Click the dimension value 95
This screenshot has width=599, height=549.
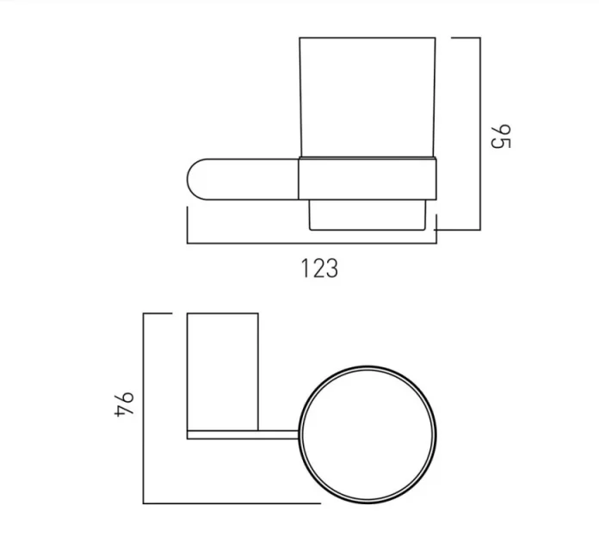coord(501,136)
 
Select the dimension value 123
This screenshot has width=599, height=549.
coord(319,268)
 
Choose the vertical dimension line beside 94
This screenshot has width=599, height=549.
coord(144,409)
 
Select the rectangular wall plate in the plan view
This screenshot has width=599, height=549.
coord(222,370)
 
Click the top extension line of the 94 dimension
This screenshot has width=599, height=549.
coord(164,314)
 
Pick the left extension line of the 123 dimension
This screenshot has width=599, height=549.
coord(187,225)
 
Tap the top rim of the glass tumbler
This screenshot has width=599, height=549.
coord(368,38)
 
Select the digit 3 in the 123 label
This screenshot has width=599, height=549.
coord(331,268)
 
